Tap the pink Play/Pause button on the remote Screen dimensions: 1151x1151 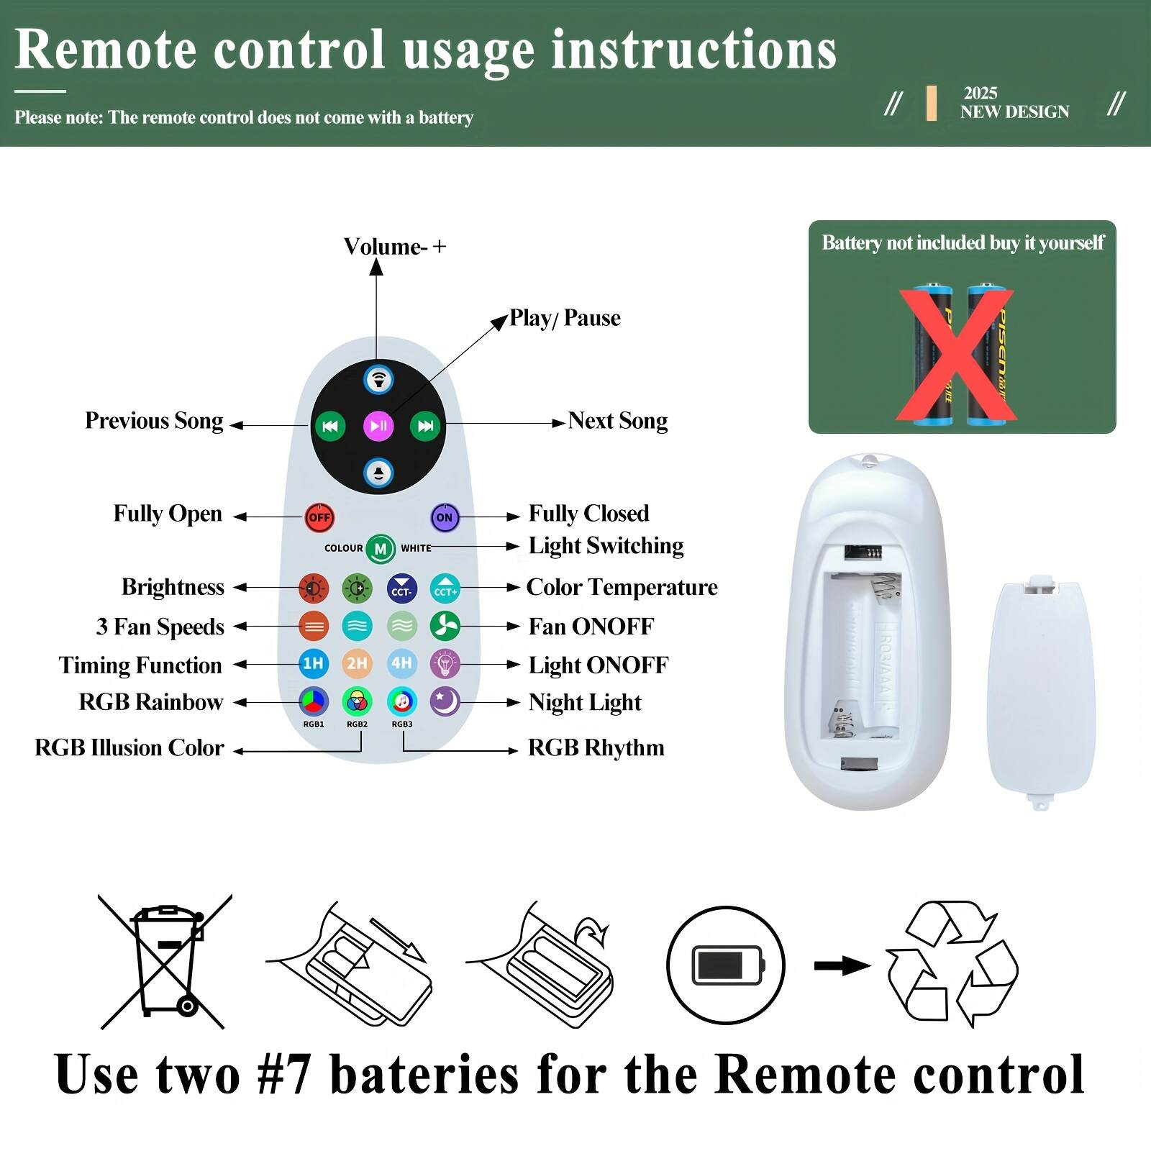point(378,426)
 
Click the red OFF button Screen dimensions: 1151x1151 point(319,517)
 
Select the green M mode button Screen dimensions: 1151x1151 point(381,549)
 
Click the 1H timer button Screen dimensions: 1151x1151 point(313,663)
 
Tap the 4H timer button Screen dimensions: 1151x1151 point(401,663)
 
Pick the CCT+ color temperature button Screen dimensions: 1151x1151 point(445,589)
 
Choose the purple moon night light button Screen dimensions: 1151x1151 point(445,701)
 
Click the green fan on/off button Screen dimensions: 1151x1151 point(445,626)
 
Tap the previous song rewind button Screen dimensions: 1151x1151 point(330,426)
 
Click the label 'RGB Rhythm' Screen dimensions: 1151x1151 point(596,748)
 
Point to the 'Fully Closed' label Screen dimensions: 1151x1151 point(588,514)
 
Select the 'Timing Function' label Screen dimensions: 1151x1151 point(140,665)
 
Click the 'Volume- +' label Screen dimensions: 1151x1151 point(394,247)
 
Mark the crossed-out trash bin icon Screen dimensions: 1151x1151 point(166,961)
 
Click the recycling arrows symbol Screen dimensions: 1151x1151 point(951,963)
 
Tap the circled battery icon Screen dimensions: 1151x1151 point(725,965)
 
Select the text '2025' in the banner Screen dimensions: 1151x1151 point(980,94)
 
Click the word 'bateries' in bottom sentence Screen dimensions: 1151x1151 point(424,1075)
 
